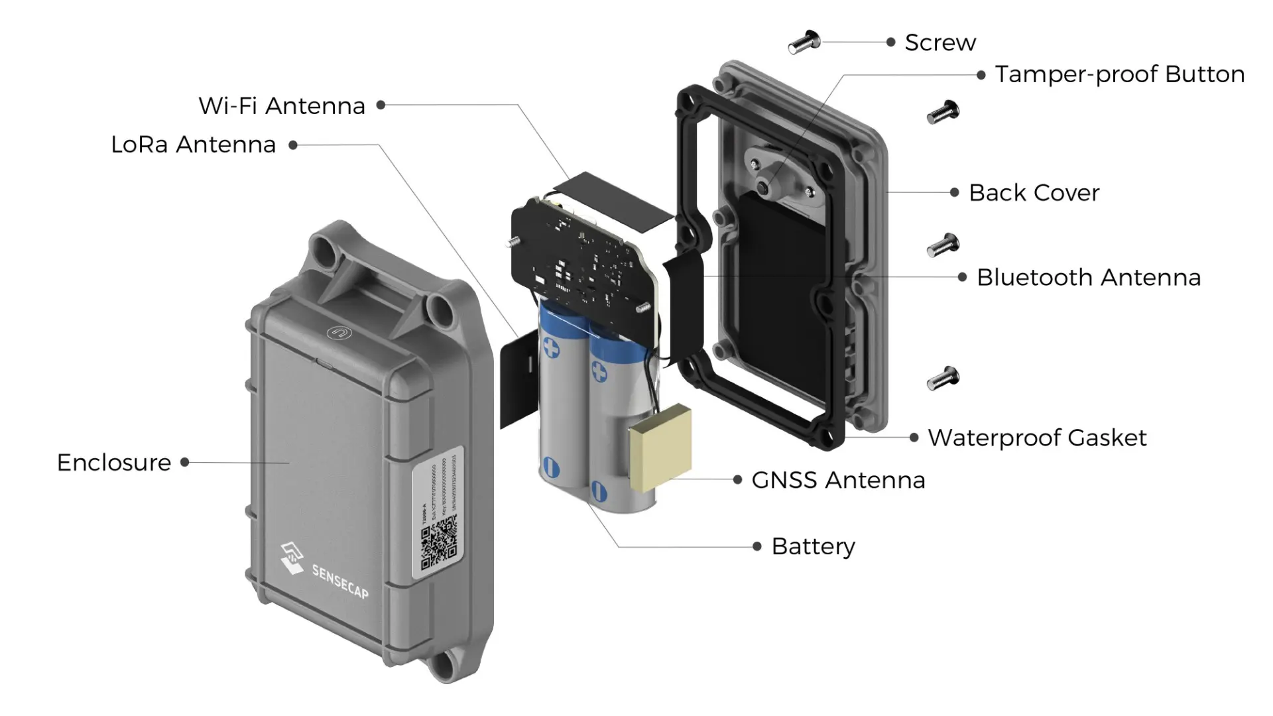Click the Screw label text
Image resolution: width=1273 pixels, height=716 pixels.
[x=940, y=42]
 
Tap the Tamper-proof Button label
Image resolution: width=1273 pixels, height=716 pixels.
[x=1119, y=74]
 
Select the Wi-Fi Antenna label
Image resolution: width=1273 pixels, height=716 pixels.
[x=282, y=106]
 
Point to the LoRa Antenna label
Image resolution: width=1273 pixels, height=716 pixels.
[x=193, y=145]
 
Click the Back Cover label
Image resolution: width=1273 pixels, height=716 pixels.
[x=1034, y=193]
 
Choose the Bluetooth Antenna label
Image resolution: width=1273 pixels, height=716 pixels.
[x=1089, y=277]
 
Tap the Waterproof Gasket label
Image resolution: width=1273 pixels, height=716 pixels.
[x=1037, y=438]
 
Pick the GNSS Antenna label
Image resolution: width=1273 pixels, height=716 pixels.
[x=838, y=480]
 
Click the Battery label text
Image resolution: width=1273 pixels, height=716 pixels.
[x=814, y=546]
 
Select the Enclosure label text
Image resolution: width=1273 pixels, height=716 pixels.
[x=114, y=463]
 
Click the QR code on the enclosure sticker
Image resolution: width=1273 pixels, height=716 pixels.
[x=439, y=544]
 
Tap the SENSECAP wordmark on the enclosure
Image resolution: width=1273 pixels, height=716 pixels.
[x=340, y=581]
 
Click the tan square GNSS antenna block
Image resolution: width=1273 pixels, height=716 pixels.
[x=660, y=448]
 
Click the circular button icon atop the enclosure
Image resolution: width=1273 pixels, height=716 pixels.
[x=339, y=333]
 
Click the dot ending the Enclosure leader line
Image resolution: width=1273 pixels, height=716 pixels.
[x=185, y=462]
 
